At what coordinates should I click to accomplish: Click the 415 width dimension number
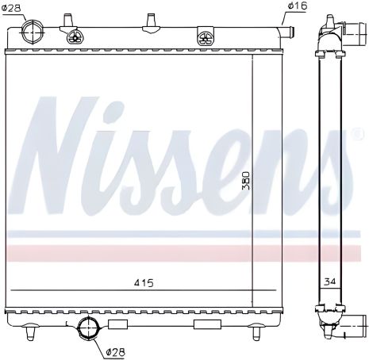pos(144,283)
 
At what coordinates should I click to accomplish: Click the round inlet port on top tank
pos(35,33)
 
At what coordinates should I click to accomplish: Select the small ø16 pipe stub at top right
pos(287,32)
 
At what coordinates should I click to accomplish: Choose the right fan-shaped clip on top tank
pos(205,36)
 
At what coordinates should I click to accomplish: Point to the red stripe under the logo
pos(159,252)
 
